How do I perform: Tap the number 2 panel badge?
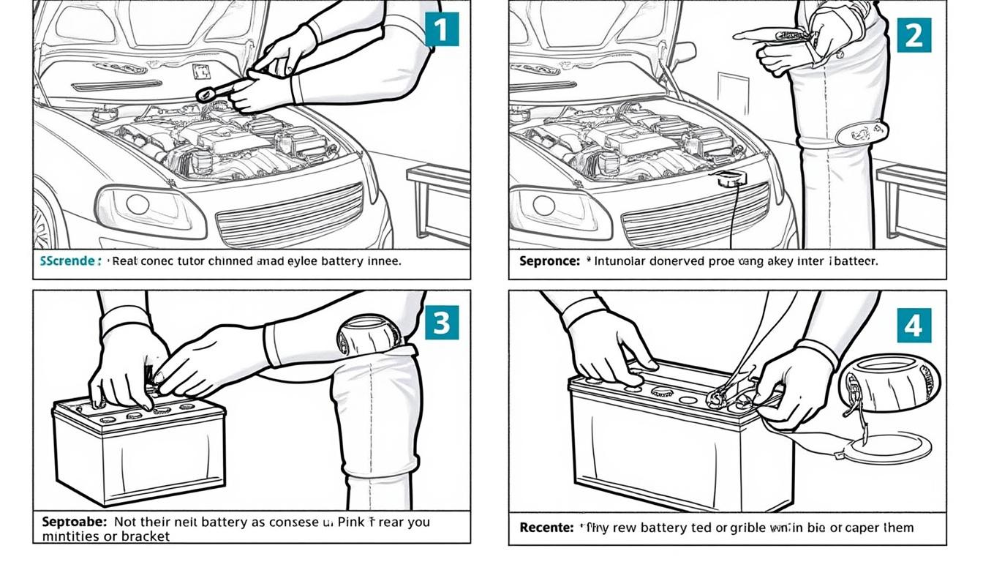coord(914,34)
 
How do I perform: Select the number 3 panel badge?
coord(442,322)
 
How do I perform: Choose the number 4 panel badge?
coord(914,325)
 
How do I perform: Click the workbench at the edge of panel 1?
coord(439,198)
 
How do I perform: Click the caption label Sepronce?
coord(548,261)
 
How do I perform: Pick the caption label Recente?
coord(545,527)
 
